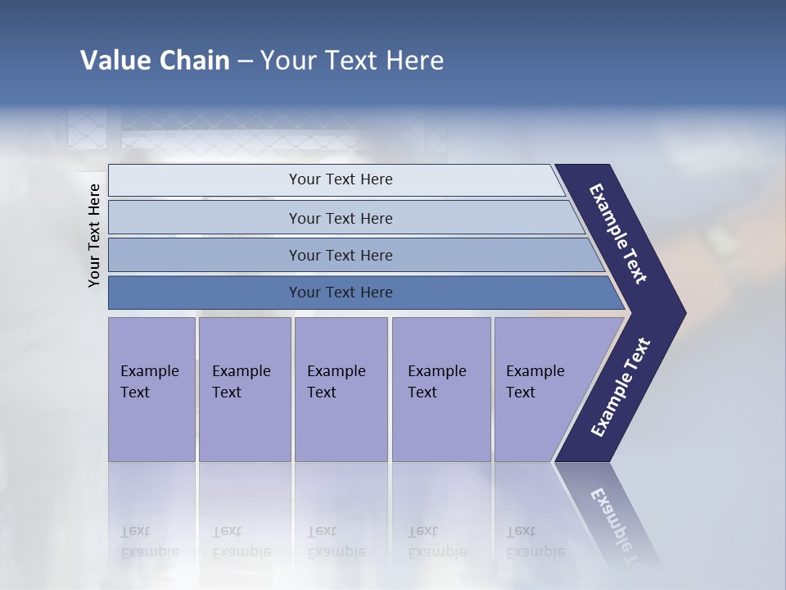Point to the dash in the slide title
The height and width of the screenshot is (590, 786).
click(245, 61)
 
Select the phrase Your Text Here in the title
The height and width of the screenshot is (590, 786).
click(352, 61)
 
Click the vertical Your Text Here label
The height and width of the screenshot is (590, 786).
click(94, 236)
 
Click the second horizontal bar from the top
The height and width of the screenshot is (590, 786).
click(341, 218)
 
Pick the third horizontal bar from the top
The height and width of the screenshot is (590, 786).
click(341, 255)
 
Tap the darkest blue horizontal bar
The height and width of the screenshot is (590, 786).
click(341, 293)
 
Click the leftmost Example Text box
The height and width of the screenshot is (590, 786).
click(151, 388)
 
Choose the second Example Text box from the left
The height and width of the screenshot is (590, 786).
click(244, 388)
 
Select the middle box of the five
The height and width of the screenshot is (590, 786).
click(341, 388)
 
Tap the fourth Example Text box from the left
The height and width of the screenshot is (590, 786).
click(440, 388)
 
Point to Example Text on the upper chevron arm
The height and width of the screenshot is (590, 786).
click(618, 234)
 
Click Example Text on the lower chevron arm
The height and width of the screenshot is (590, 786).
click(621, 388)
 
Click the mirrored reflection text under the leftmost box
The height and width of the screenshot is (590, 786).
click(149, 542)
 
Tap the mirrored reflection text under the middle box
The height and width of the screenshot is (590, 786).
click(336, 542)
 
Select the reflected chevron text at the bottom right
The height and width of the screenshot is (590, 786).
click(618, 524)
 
